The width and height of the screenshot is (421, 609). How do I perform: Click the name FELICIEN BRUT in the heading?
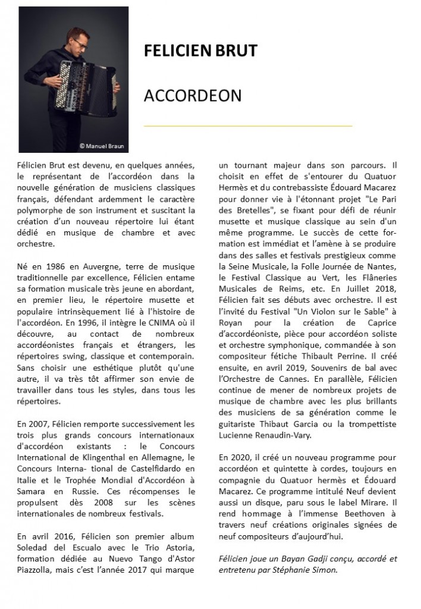pyautogui.click(x=201, y=51)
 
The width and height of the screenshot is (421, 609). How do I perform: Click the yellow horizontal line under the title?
pyautogui.click(x=248, y=126)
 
